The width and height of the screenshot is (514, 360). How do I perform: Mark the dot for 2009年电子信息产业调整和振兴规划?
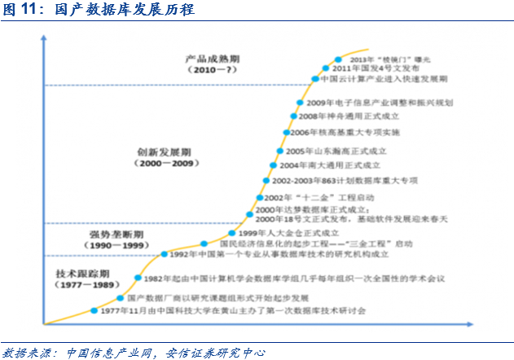pos(300,103)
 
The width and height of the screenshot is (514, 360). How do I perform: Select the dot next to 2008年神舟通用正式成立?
pos(293,117)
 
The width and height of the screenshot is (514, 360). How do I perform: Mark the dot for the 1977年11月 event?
pos(94,311)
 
